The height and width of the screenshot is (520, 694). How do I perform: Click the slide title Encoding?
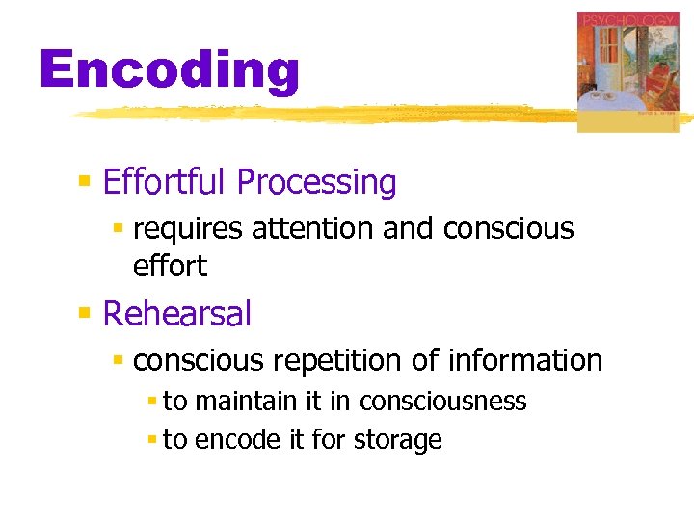click(x=170, y=71)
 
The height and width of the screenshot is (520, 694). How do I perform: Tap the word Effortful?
click(x=165, y=182)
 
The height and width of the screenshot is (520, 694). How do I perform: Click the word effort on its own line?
click(x=170, y=266)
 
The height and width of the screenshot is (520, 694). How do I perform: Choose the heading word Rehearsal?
click(x=176, y=314)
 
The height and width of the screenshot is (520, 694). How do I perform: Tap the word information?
click(x=525, y=361)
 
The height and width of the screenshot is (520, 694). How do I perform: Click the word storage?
click(x=397, y=441)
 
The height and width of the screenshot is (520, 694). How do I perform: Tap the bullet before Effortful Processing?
click(x=85, y=181)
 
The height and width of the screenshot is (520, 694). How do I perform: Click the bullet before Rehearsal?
click(x=85, y=313)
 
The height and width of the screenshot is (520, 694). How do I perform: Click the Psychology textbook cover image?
click(x=627, y=72)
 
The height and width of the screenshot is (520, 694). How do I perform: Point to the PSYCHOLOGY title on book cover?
click(x=627, y=19)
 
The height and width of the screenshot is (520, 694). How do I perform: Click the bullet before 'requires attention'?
click(x=119, y=229)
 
